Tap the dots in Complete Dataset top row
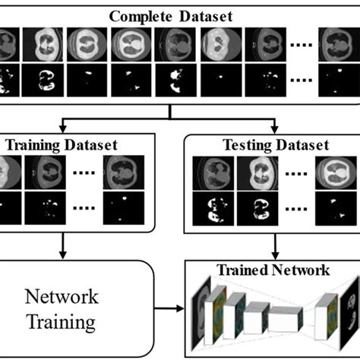pos(298,46)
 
